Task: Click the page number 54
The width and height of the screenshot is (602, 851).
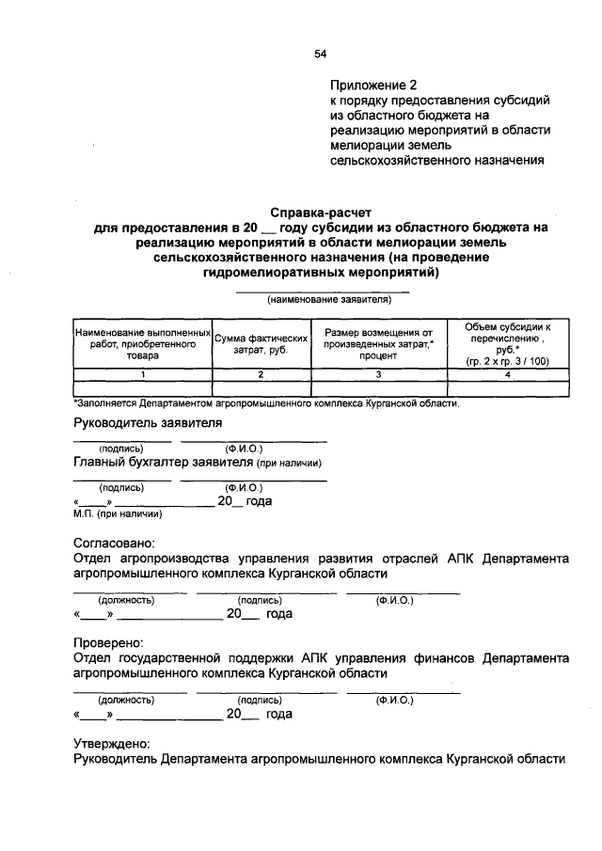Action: click(x=320, y=55)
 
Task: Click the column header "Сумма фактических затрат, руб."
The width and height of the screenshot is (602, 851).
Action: click(x=261, y=344)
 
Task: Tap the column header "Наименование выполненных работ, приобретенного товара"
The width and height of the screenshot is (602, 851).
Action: click(x=142, y=344)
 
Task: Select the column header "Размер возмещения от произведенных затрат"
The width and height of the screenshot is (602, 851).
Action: click(x=378, y=344)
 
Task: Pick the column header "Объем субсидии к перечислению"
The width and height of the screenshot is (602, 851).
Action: click(x=508, y=344)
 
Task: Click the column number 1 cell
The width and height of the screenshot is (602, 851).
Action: click(x=142, y=374)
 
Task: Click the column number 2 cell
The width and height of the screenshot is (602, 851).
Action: click(x=261, y=374)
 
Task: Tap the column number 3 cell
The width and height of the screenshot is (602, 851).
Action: click(x=378, y=374)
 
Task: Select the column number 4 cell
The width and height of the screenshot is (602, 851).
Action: click(x=508, y=374)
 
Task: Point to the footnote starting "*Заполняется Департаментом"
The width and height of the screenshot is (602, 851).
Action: click(x=266, y=402)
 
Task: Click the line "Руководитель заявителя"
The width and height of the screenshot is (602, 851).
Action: click(x=148, y=423)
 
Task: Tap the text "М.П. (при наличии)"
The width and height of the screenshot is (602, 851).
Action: click(x=118, y=513)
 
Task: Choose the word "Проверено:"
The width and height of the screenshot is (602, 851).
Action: click(x=109, y=643)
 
